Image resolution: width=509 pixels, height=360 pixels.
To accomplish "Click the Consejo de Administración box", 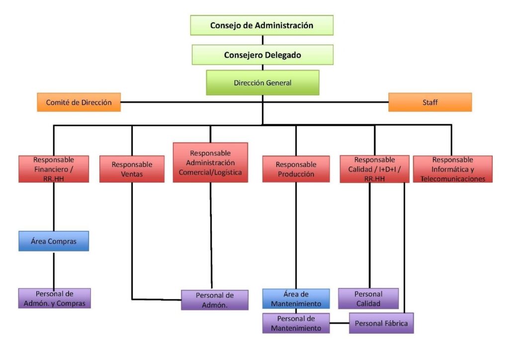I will pyautogui.click(x=261, y=25).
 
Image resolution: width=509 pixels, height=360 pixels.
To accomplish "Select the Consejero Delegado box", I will pyautogui.click(x=262, y=55).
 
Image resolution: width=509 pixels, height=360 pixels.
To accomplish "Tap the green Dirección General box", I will pyautogui.click(x=262, y=83).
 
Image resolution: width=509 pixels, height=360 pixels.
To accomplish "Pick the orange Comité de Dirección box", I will pyautogui.click(x=79, y=102).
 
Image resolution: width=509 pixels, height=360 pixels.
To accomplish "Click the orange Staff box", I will pyautogui.click(x=430, y=102).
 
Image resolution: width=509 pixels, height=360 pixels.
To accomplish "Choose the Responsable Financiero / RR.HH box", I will pyautogui.click(x=54, y=169).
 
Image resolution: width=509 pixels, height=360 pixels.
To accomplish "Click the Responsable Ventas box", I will pyautogui.click(x=132, y=169).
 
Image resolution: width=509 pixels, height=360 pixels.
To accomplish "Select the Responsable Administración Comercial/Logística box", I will pyautogui.click(x=210, y=163).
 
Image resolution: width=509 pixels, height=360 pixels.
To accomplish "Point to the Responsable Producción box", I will pyautogui.click(x=296, y=169).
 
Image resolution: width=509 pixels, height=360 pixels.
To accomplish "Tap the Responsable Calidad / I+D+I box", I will pyautogui.click(x=375, y=169).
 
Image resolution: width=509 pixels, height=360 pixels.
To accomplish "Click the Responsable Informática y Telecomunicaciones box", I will pyautogui.click(x=452, y=169).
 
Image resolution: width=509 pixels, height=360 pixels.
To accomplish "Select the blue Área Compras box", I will pyautogui.click(x=54, y=241).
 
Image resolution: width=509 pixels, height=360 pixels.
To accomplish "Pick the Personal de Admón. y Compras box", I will pyautogui.click(x=55, y=298).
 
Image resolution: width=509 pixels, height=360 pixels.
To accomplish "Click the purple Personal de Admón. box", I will pyautogui.click(x=214, y=300).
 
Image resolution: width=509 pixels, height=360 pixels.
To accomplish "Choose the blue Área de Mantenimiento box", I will pyautogui.click(x=296, y=299).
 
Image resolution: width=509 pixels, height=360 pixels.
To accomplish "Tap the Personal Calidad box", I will pyautogui.click(x=368, y=298).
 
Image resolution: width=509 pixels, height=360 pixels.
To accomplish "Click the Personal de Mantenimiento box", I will pyautogui.click(x=296, y=323).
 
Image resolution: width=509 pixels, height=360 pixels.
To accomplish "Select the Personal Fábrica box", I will pyautogui.click(x=381, y=323).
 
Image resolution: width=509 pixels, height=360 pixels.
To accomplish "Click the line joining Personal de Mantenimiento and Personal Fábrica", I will pyautogui.click(x=339, y=323).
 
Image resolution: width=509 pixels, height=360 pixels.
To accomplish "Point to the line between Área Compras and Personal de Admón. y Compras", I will pyautogui.click(x=54, y=270).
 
